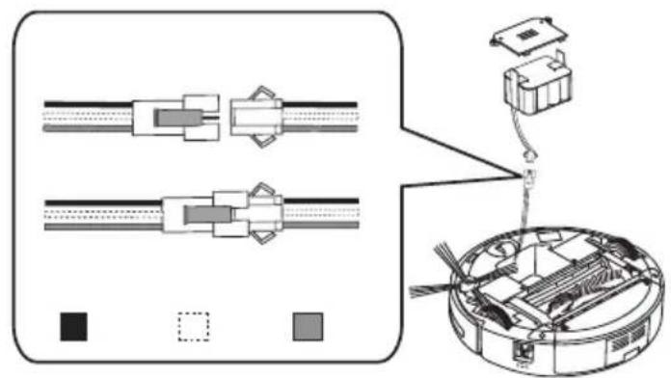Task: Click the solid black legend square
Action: (73, 326)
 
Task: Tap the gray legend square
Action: (308, 326)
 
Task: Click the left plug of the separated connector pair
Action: (174, 118)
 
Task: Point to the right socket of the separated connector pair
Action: (255, 118)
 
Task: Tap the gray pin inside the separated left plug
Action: (175, 119)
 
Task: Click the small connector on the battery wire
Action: (528, 175)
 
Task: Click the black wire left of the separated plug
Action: (87, 101)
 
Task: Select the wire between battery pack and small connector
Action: (535, 141)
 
